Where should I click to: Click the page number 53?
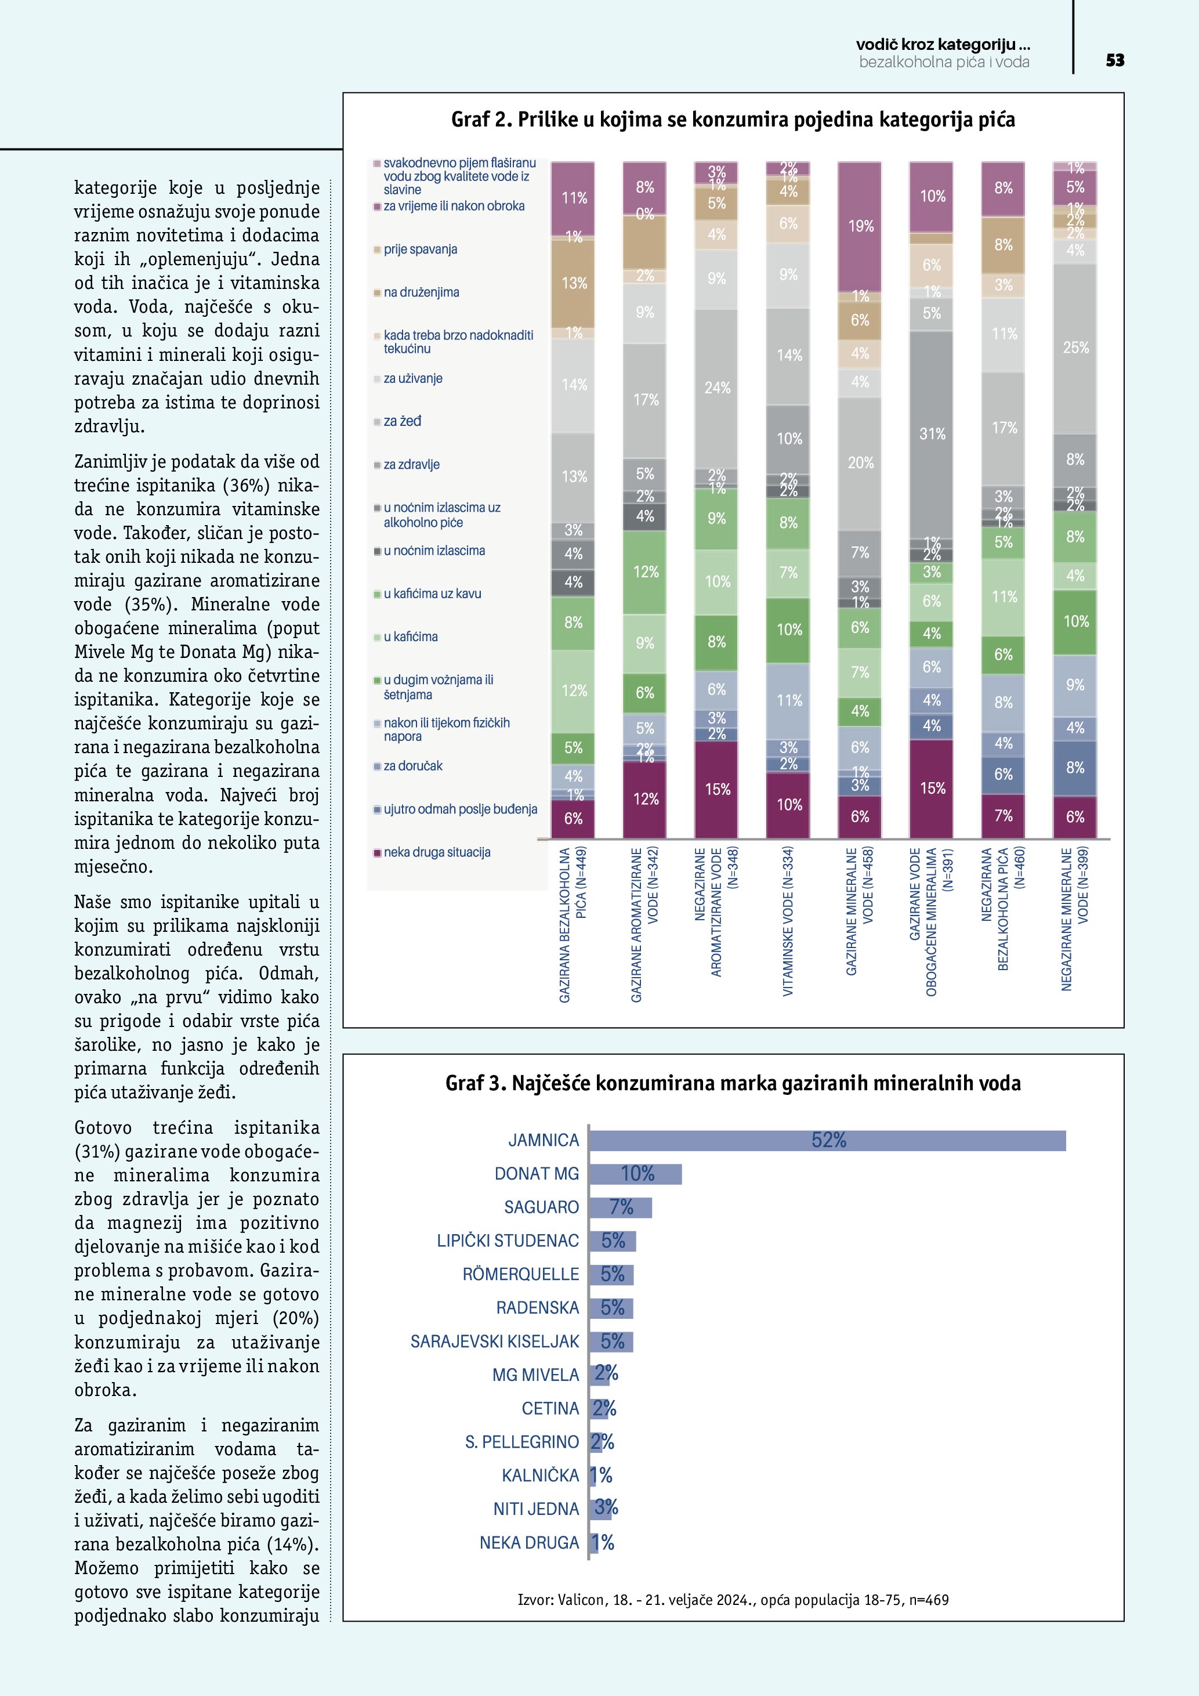pyautogui.click(x=1115, y=60)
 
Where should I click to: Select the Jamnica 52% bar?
pyautogui.click(x=827, y=1140)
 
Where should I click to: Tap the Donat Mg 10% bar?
pyautogui.click(x=636, y=1174)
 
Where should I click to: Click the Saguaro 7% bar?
pyautogui.click(x=620, y=1207)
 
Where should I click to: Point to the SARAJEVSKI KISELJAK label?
pyautogui.click(x=495, y=1341)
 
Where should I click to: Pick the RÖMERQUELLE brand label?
pyautogui.click(x=520, y=1274)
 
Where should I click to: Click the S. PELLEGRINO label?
pyautogui.click(x=521, y=1442)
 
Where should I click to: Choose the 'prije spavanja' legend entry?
pyautogui.click(x=419, y=249)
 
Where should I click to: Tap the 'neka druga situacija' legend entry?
pyautogui.click(x=436, y=852)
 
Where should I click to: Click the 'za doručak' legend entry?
pyautogui.click(x=412, y=766)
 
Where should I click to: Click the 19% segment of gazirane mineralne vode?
pyautogui.click(x=860, y=226)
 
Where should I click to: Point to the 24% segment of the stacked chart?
pyautogui.click(x=716, y=388)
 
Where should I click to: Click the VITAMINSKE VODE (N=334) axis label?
pyautogui.click(x=788, y=920)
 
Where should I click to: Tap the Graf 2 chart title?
pyautogui.click(x=733, y=120)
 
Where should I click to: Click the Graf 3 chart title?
pyautogui.click(x=733, y=1084)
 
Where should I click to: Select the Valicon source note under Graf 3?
pyautogui.click(x=733, y=1600)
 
